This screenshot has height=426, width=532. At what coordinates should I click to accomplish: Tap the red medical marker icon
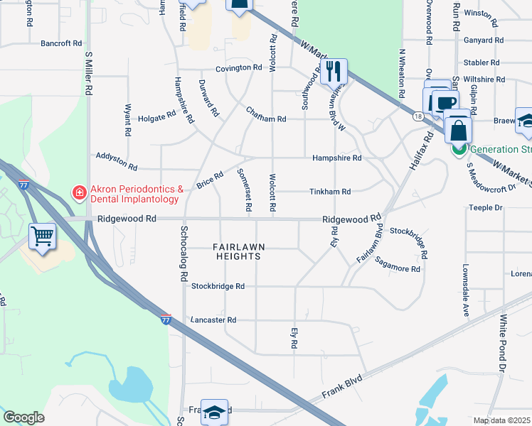pos(79,192)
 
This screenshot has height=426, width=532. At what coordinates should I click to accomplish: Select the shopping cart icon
pos(43,236)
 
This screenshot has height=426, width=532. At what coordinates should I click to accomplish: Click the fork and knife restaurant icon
pos(334,71)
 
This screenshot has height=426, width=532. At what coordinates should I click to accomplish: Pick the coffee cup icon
pos(445,104)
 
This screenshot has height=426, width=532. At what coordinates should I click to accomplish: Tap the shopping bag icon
pos(459,131)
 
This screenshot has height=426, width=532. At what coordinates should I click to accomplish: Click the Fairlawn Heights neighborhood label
pos(239,251)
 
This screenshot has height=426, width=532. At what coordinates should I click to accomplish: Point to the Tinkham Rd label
pos(330,192)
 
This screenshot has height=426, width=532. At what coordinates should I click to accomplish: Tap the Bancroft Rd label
pos(61,43)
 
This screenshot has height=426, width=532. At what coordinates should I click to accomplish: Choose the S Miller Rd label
pos(89,72)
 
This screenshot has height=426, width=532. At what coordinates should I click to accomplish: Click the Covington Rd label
pos(240,68)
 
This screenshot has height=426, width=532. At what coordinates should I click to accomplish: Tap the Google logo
pos(23,417)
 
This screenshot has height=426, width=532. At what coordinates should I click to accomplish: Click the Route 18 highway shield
pos(417,116)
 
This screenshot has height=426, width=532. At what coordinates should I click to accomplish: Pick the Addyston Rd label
pos(115,160)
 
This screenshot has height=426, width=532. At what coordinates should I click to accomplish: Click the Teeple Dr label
pos(486,208)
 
